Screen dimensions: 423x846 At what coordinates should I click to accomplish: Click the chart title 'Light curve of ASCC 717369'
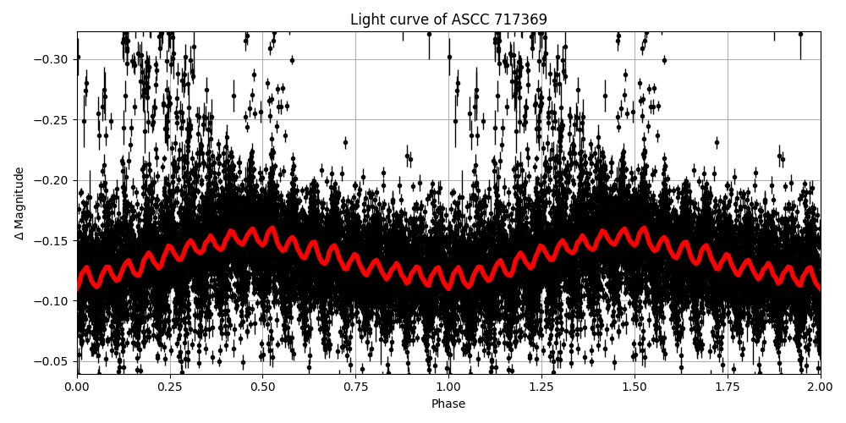(448, 19)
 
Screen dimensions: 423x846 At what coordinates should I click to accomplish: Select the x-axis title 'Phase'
(448, 404)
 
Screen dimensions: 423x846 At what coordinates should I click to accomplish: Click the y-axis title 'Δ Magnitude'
(19, 203)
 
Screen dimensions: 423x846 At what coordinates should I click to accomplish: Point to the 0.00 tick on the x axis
(77, 387)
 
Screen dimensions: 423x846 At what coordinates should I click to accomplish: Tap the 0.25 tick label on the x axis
(170, 387)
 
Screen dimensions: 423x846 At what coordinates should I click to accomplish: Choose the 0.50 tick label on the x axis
(262, 387)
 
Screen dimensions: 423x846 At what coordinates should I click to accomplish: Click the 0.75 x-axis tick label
(355, 387)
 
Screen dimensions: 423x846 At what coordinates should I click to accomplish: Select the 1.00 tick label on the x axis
(448, 387)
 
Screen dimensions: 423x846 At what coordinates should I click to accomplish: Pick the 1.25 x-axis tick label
(541, 387)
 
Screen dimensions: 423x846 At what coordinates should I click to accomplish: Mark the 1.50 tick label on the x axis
(634, 387)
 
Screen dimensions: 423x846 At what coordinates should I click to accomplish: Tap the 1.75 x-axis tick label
(728, 387)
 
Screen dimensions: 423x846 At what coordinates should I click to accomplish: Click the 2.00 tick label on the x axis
(820, 387)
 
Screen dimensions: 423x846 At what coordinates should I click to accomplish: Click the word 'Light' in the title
(366, 19)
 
